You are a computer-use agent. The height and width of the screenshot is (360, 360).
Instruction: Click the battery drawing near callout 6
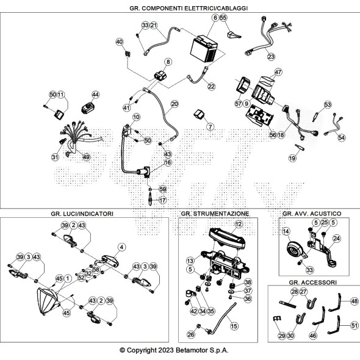click(204, 49)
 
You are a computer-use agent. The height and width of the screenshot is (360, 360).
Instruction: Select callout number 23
click(271, 57)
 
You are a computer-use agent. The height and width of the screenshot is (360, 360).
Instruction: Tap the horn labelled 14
click(296, 251)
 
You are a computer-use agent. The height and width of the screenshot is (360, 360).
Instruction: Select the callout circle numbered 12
click(239, 224)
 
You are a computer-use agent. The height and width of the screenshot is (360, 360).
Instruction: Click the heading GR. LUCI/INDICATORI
click(82, 214)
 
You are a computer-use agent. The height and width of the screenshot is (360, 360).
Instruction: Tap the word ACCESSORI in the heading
click(323, 282)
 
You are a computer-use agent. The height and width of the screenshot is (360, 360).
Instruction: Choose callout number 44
click(95, 95)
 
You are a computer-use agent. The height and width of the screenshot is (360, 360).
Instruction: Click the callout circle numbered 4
click(121, 247)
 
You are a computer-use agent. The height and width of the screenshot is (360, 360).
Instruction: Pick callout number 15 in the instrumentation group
click(234, 326)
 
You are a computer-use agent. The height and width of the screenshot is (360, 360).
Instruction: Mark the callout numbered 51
click(355, 325)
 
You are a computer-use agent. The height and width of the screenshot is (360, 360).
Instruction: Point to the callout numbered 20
click(175, 104)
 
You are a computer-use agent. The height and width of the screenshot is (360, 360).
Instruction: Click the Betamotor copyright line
click(174, 350)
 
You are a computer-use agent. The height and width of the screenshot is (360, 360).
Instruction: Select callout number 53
click(328, 105)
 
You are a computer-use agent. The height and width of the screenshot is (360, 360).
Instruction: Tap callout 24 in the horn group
click(337, 239)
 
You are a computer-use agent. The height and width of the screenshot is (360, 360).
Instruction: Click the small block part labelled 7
click(200, 114)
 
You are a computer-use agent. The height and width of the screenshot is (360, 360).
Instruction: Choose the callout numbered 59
click(162, 189)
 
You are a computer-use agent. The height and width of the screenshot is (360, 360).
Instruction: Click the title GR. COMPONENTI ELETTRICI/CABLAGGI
click(189, 9)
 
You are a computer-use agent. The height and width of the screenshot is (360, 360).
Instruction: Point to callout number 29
click(282, 336)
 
